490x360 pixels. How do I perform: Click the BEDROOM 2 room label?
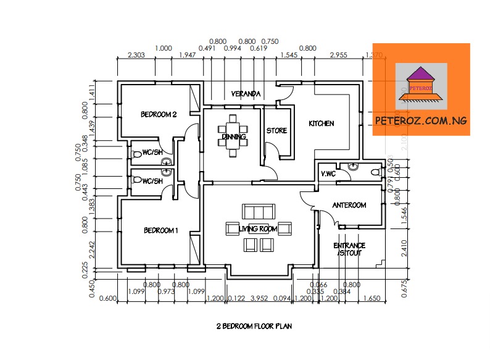click(x=159, y=114)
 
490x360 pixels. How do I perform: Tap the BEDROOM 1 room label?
click(x=160, y=230)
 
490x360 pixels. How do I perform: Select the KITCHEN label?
click(x=321, y=123)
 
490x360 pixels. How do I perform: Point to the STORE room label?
click(x=276, y=131)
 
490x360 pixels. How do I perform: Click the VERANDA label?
click(x=246, y=94)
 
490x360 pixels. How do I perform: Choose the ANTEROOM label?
click(x=349, y=205)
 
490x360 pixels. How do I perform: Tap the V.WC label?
click(x=328, y=174)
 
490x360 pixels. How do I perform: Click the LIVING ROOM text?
click(x=258, y=229)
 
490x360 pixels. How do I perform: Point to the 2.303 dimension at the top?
click(x=136, y=56)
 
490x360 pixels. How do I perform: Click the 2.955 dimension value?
click(x=338, y=56)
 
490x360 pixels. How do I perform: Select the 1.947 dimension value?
click(x=187, y=56)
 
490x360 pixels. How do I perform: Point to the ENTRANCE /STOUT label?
click(x=349, y=249)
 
